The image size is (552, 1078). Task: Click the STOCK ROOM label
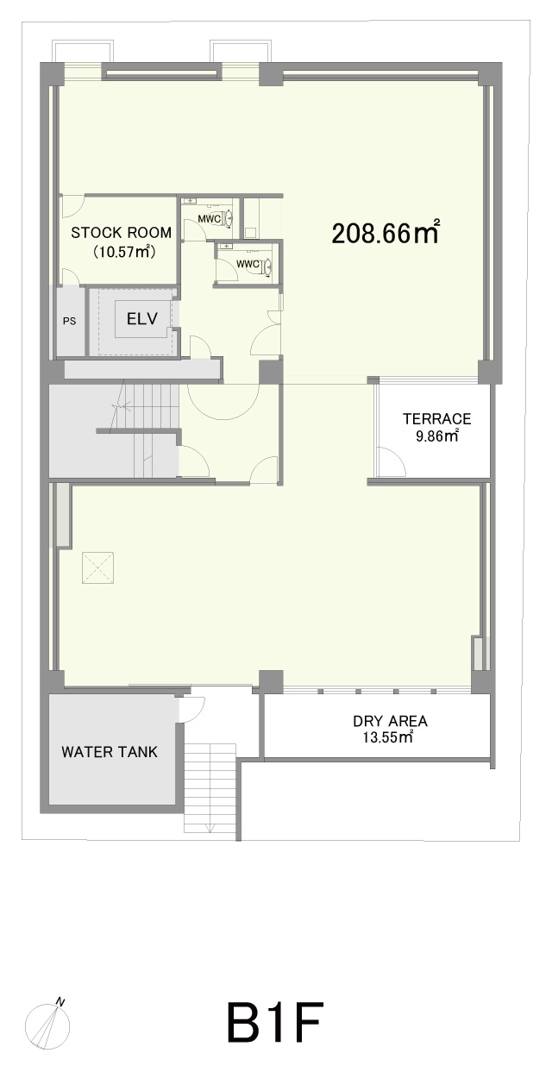coord(122,233)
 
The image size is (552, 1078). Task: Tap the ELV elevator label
coord(142,318)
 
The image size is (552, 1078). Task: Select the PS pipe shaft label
coord(69,321)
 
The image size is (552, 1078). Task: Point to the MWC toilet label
coord(210,219)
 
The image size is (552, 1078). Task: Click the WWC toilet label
coord(248,264)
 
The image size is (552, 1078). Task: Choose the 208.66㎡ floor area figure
coord(386,233)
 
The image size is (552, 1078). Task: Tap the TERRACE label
coord(437,418)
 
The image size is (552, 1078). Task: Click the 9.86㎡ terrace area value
coord(437,436)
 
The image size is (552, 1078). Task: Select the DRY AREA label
coord(391,721)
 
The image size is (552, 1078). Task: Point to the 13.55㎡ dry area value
coord(388,737)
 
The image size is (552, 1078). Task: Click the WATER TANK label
coord(110,752)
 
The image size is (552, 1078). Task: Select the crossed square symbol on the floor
coord(97,567)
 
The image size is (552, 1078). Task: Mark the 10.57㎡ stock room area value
coord(124,251)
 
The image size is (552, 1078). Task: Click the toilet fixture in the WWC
coord(266,266)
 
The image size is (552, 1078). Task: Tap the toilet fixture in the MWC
coord(228,218)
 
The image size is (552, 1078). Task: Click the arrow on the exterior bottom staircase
coord(210,827)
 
